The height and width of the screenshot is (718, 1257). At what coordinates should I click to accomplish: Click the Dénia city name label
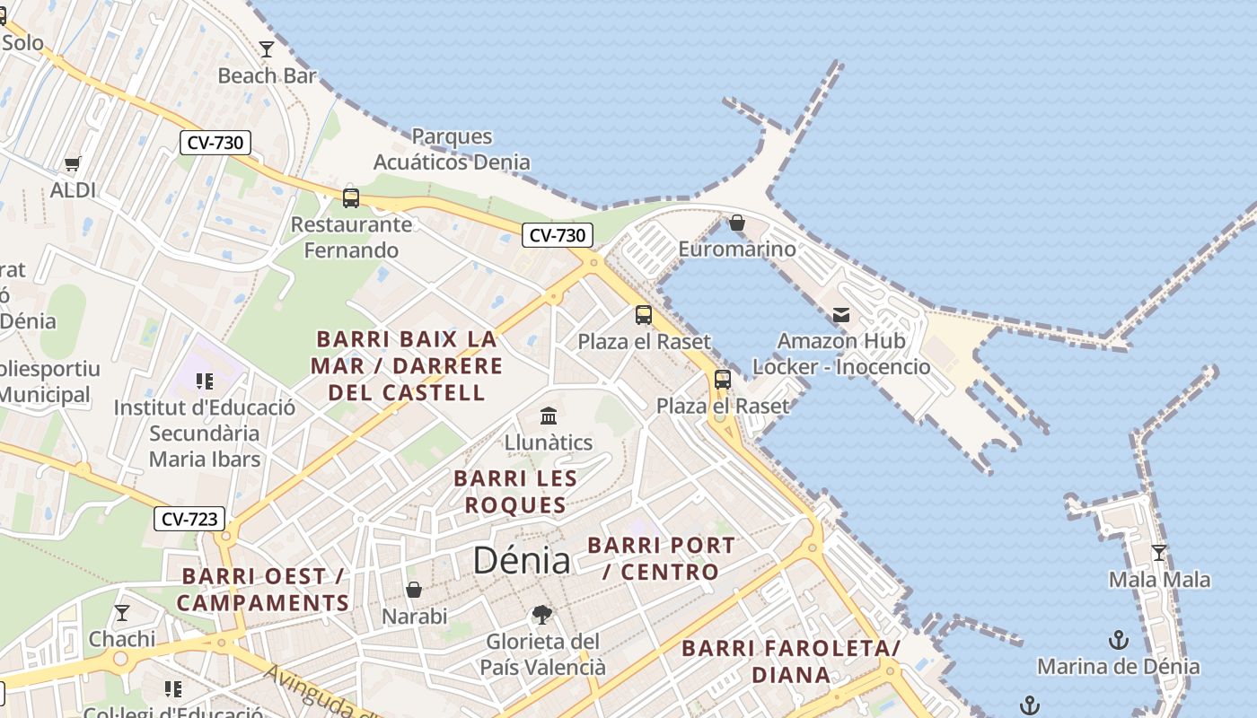point(521,560)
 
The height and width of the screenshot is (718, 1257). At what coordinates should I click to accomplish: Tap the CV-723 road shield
point(189,519)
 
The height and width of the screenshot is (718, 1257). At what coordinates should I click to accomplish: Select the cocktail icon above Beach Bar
point(267,48)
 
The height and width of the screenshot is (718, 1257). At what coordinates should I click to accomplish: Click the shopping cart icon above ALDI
point(73,163)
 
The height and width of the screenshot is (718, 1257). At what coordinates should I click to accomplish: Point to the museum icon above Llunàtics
point(549,416)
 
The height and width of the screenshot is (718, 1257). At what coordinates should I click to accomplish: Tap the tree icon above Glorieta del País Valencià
point(541,615)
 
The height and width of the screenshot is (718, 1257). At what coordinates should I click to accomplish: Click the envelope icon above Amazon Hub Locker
point(841,314)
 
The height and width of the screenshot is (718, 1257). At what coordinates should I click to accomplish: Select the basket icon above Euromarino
point(737,222)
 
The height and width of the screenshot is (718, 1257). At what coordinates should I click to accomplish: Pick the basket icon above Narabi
point(414,590)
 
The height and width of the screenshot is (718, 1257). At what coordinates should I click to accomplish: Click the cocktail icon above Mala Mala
point(1159,552)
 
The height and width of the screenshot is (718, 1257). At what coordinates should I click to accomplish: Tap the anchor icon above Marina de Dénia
point(1119,640)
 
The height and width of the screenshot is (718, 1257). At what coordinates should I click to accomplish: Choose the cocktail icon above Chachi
point(122,613)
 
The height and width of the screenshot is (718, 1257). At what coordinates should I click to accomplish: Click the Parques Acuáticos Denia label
point(452,149)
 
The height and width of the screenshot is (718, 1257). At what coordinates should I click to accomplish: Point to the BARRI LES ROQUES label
point(515,492)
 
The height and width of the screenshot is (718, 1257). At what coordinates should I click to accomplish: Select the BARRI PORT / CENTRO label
point(661,558)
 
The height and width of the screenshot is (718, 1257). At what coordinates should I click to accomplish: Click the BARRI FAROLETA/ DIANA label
point(790,661)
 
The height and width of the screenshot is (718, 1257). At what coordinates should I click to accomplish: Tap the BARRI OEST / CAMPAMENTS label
point(262,589)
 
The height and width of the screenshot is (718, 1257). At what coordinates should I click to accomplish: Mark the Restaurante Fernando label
point(351,237)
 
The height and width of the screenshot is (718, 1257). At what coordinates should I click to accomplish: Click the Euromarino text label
point(737,249)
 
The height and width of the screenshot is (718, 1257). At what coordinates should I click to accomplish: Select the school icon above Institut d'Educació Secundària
point(204,381)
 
